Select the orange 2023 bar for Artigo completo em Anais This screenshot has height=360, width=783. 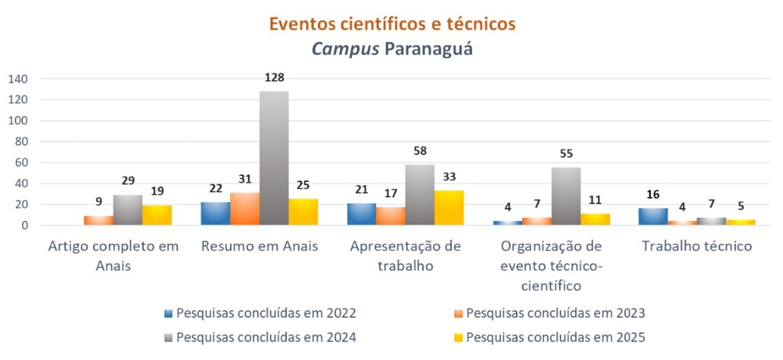point(98,221)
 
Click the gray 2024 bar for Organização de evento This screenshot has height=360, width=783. point(566,196)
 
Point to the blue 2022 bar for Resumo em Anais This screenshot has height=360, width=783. point(215,214)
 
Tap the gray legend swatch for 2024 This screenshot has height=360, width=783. point(168,337)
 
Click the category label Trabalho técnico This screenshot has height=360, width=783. point(697,247)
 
